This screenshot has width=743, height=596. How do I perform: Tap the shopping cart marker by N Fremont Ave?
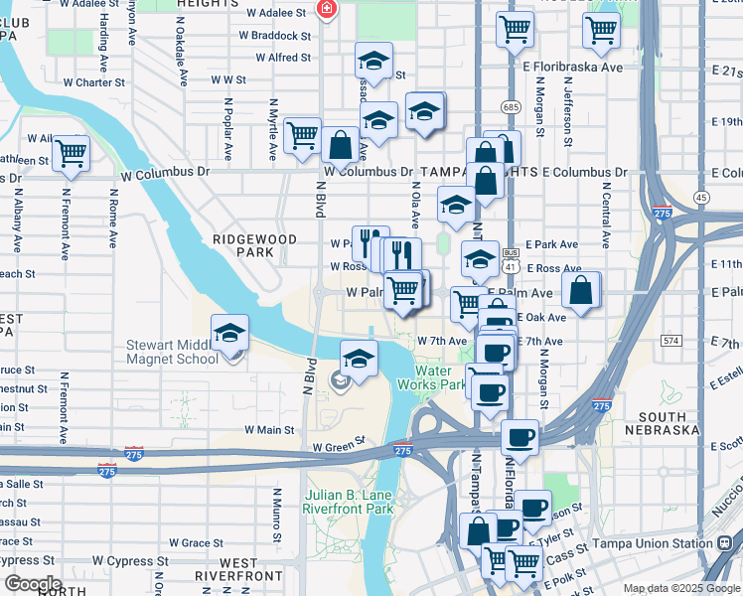coord(71,153)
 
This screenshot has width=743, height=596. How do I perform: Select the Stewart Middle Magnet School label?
coord(172,353)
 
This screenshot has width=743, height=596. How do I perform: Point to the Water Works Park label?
coord(440,376)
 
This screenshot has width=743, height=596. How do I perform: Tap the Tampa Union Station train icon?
coord(721,543)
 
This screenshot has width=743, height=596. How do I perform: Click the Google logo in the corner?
coord(32,583)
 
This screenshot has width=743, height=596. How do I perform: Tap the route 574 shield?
coord(671,341)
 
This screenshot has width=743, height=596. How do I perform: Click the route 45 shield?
coord(701,198)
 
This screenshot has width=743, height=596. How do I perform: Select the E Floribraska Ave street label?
coord(581,68)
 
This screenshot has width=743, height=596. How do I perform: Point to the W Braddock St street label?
coord(275,35)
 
